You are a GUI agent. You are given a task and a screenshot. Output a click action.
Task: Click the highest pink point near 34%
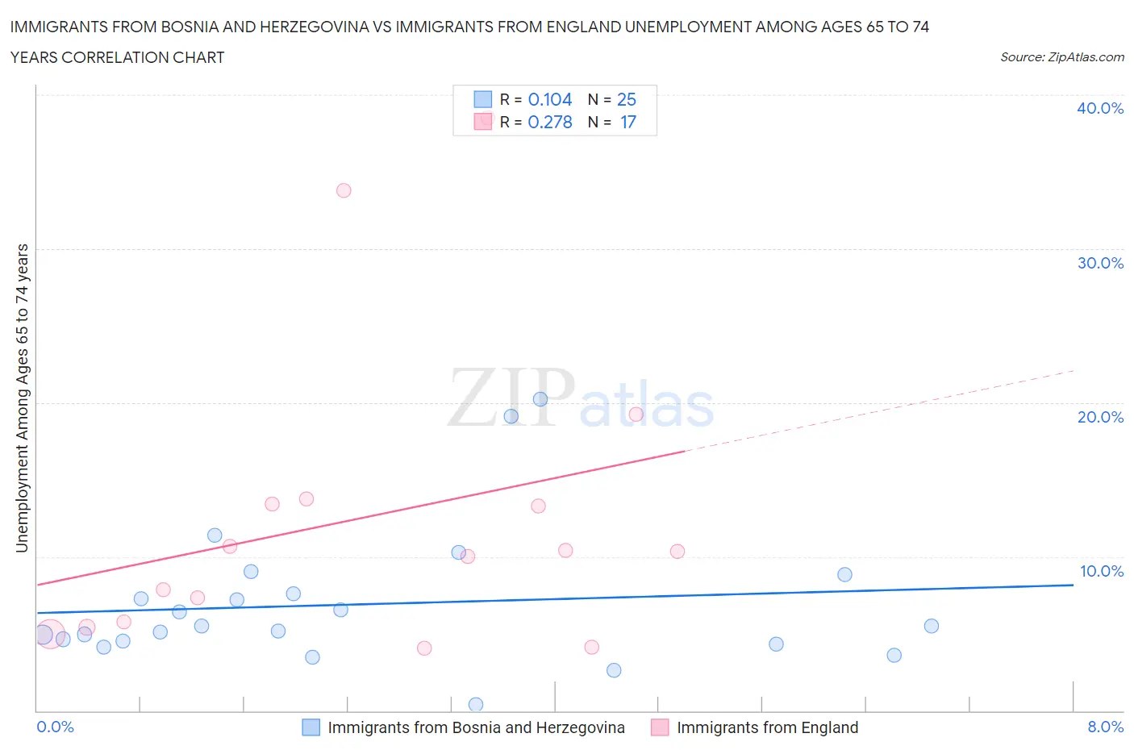coord(344,190)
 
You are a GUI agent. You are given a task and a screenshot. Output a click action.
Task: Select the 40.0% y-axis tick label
coord(1100,108)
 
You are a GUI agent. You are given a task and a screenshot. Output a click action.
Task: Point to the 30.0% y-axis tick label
coord(1100,263)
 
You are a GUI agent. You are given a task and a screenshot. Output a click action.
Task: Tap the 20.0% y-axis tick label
coord(1100,417)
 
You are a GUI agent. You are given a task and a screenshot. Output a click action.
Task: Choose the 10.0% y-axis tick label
coord(1101,571)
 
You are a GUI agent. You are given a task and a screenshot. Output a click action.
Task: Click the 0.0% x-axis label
coord(55,727)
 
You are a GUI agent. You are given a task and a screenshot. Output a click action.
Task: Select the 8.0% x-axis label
coord(1105,727)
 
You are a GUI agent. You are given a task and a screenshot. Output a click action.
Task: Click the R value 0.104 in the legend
coord(550,99)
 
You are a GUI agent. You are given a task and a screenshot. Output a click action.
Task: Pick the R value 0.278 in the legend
coord(550,122)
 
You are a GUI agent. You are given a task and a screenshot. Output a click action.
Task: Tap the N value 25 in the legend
coord(627,99)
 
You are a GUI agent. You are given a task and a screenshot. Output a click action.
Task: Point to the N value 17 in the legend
coord(628,122)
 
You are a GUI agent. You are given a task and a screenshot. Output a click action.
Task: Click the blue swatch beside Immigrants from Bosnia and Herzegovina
coord(311,727)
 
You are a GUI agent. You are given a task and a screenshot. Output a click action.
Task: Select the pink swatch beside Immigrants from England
coord(660,727)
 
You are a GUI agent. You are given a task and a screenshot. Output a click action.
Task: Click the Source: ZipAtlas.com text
coord(1061,56)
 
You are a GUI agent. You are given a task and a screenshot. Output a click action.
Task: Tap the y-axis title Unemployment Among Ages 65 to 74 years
coord(22,398)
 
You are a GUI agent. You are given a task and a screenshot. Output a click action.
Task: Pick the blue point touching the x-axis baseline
coord(476,705)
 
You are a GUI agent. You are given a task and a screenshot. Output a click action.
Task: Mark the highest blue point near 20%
coord(540,399)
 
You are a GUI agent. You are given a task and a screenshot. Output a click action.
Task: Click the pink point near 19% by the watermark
coord(636,415)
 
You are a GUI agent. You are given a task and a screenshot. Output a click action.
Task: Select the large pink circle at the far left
coord(49,634)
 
